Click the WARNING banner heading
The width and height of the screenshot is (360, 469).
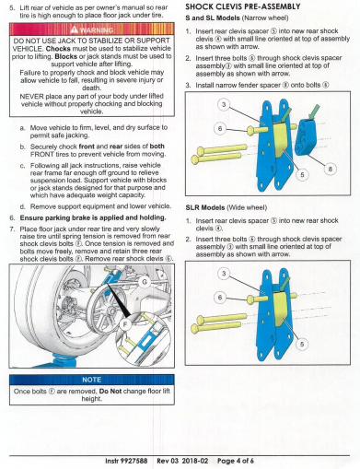(92, 29)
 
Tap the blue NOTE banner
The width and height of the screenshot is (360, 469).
(92, 380)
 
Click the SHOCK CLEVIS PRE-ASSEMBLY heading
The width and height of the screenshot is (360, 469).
(243, 6)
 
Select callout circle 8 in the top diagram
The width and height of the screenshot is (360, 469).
(331, 169)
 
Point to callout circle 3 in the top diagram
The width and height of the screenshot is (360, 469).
(224, 104)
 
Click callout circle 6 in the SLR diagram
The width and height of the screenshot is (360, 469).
(220, 298)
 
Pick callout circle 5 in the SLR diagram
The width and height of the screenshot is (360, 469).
(302, 344)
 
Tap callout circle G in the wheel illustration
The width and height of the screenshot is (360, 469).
(145, 282)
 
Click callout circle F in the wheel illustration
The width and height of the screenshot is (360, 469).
(125, 324)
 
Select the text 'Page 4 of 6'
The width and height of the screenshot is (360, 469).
(236, 461)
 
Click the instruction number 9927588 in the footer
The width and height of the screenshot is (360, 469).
(134, 461)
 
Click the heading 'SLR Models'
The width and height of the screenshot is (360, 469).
(205, 207)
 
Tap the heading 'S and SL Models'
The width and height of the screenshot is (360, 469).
(213, 18)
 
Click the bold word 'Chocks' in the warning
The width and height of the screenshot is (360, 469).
(58, 49)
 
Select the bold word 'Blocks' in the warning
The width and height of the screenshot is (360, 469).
(66, 56)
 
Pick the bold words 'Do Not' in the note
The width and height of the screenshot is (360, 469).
(110, 392)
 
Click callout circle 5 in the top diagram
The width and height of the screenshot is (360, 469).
(302, 174)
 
